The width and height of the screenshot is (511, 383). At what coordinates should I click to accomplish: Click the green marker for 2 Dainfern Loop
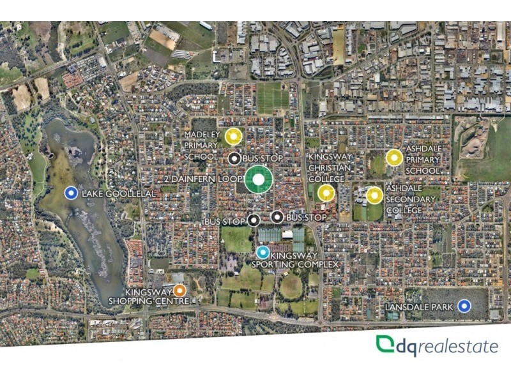[x=258, y=180]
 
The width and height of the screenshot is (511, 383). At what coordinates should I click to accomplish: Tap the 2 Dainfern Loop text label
[x=204, y=179]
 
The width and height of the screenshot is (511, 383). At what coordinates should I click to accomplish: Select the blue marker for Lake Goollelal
[x=72, y=193]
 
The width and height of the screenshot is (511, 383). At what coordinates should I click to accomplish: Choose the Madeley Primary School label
[x=202, y=146]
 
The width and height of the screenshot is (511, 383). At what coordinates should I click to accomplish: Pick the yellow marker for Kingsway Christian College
[x=326, y=192]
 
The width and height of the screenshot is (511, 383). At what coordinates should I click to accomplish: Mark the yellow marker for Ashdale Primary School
[x=394, y=157]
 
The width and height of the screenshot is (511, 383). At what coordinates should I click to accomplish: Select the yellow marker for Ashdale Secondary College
[x=374, y=195]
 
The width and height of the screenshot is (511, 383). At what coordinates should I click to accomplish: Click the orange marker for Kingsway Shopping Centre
[x=180, y=290]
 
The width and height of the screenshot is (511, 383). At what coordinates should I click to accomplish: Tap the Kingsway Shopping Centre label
[x=148, y=296]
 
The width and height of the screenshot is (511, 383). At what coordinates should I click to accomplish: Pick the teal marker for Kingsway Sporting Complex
[x=263, y=252]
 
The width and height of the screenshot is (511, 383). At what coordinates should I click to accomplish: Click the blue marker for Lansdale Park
[x=464, y=307]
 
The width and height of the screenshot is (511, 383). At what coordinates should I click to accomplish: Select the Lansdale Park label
[x=420, y=308]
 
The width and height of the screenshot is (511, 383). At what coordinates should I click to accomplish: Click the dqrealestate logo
[x=437, y=346]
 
